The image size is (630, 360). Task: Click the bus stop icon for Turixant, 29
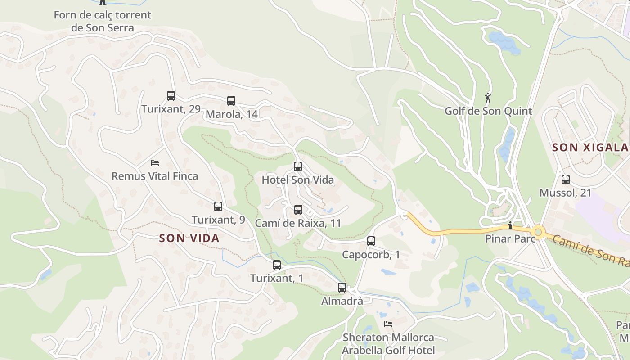tap(171, 95)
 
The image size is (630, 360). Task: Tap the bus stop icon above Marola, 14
tap(231, 100)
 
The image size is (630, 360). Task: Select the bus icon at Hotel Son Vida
tap(298, 166)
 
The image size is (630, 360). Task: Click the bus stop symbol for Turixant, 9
tap(218, 207)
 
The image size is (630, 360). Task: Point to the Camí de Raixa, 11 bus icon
tap(298, 209)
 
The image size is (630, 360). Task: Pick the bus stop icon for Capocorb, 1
tap(371, 241)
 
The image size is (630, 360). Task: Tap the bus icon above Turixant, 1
tap(277, 265)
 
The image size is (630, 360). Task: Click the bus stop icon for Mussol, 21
tap(566, 180)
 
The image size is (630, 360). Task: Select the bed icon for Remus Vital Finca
tap(155, 162)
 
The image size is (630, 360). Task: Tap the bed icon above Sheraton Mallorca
tap(388, 324)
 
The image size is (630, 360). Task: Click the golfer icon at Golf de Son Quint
tap(488, 97)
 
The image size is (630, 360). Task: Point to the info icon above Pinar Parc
tap(510, 225)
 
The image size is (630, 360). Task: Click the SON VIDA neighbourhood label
tap(189, 238)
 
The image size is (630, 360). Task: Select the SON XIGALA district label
tap(590, 147)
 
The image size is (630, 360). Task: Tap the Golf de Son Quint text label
tap(488, 111)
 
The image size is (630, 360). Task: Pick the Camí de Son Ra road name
tap(590, 252)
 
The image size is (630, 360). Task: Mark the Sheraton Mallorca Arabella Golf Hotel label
tap(388, 344)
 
